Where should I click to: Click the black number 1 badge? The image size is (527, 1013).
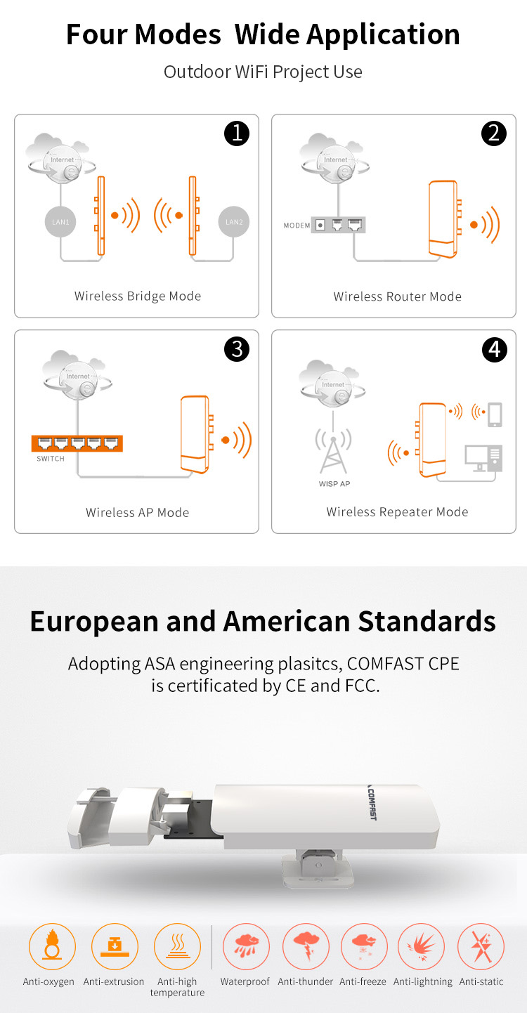coord(237,133)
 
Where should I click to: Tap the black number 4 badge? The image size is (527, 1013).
coord(495,350)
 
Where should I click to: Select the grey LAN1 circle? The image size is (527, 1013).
coord(60,221)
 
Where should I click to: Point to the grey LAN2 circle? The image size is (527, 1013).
coord(234,221)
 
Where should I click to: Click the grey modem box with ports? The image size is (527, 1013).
coord(338,225)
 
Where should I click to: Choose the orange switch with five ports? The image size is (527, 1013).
coord(77,444)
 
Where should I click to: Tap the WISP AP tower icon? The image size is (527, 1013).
coord(333,451)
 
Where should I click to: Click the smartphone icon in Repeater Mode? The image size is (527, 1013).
coord(495,414)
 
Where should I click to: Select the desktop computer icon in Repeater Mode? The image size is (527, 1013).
coord(483,458)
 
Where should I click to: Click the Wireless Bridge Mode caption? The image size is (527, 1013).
coord(138,296)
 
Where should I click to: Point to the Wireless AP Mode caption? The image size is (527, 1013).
coord(138,512)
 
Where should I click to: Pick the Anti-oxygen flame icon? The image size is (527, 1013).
coord(52,946)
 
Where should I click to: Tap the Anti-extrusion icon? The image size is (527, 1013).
coord(115,946)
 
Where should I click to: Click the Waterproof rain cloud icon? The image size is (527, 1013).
coord(246,946)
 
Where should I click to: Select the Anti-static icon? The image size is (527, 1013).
coord(481,946)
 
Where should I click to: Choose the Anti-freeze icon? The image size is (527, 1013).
coord(364,946)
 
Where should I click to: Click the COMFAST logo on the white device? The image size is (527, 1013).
coord(371,803)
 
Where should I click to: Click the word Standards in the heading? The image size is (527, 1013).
coord(427,621)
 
